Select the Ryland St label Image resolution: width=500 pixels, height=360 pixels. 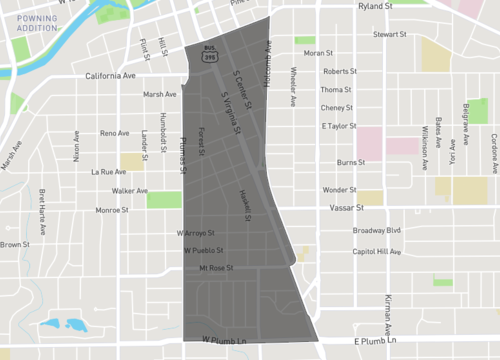coord(377,6)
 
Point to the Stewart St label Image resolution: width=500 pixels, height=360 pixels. coord(389,34)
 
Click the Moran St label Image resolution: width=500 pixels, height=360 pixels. coord(317,53)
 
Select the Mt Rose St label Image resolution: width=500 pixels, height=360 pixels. coord(216,268)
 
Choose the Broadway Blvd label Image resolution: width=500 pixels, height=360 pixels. coord(377,230)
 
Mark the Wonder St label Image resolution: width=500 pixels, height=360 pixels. coord(338,189)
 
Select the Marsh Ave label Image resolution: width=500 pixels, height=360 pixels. coord(160,95)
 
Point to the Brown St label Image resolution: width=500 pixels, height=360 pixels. coord(15,245)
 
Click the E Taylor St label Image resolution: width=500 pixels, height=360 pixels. coord(339,126)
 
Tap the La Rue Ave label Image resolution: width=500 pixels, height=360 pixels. coord(107,172)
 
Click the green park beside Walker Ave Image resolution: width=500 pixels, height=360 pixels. coord(164,199)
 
